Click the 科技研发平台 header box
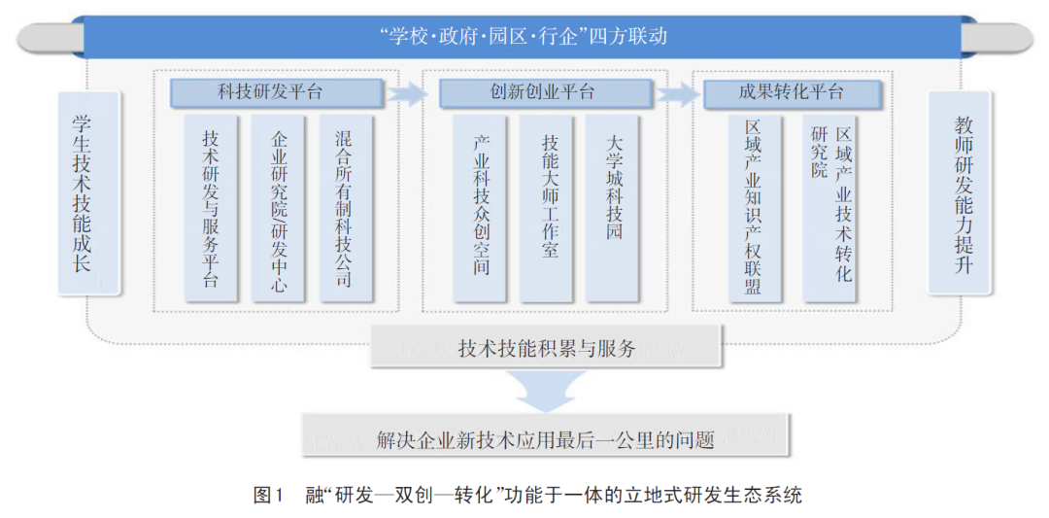(277, 93)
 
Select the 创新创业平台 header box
(545, 93)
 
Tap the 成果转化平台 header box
(793, 93)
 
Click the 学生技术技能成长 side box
(89, 193)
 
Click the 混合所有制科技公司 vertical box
(346, 209)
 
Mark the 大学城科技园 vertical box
(613, 209)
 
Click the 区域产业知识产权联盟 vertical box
(754, 209)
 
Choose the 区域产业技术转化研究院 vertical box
(830, 209)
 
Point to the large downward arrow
(546, 390)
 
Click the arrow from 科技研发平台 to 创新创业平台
(408, 93)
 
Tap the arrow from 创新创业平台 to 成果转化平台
(677, 93)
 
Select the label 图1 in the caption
(269, 496)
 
